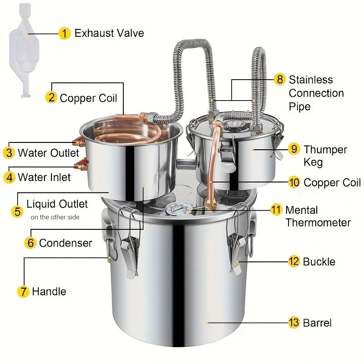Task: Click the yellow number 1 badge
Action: click(x=64, y=33)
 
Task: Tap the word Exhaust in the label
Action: click(x=94, y=33)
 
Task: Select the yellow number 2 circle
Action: click(x=51, y=97)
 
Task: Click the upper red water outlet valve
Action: click(x=79, y=141)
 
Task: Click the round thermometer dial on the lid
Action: click(x=178, y=209)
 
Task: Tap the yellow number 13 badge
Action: click(x=294, y=323)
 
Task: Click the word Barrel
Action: click(x=317, y=323)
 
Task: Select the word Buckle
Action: click(x=319, y=262)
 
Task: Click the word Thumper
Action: click(x=325, y=150)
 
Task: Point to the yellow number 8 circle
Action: click(x=280, y=79)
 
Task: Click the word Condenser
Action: click(x=66, y=243)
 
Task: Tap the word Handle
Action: click(x=49, y=291)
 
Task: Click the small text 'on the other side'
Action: click(x=55, y=217)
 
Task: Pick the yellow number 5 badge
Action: click(x=17, y=212)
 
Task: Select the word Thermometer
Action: click(x=318, y=222)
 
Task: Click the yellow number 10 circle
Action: click(x=294, y=182)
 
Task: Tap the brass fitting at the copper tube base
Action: click(x=211, y=203)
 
